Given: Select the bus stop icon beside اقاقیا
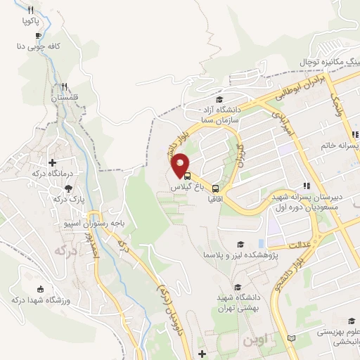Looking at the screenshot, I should pos(215,188).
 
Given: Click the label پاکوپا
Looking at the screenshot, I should pos(30,22).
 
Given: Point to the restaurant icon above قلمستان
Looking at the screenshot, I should pos(64,86).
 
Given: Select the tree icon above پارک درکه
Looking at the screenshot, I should pos(68,188).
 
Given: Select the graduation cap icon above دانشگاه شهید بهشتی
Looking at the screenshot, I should pos(237,287).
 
